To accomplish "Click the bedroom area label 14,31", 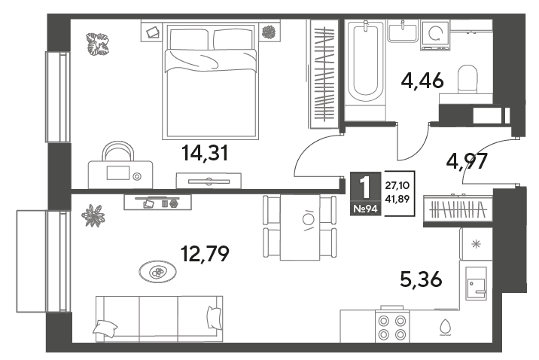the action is point(205,153).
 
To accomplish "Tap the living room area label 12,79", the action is point(205,254).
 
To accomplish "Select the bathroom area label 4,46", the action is point(422,81).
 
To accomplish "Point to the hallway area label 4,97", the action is point(467,161).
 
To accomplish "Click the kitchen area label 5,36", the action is point(421,279).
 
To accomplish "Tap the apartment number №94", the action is point(365,209).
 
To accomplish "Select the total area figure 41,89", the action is point(397,199).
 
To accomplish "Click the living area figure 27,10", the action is point(397,186).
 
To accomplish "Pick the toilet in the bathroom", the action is point(467,79).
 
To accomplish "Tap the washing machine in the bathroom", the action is point(436,35).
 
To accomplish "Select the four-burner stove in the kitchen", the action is point(392,327).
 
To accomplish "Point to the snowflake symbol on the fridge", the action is point(476,244).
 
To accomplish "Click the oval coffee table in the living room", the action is point(158,272).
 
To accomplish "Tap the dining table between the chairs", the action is point(300,227).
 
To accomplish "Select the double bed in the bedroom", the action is point(210,81).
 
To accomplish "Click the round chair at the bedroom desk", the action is point(119,151).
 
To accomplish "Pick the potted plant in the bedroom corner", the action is point(97,44).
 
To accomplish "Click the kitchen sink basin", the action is point(477,284).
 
